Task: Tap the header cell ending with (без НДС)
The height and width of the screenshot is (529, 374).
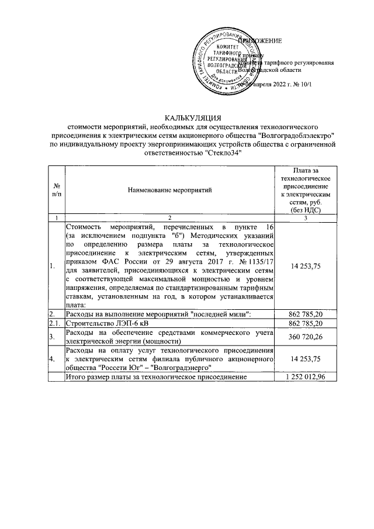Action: (306, 209)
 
